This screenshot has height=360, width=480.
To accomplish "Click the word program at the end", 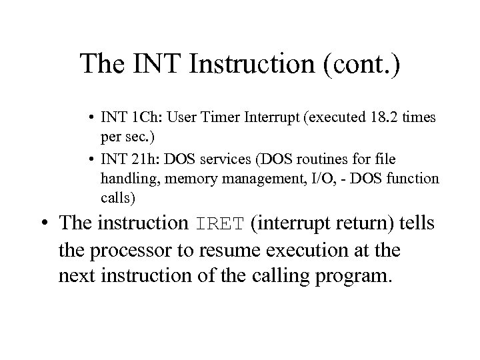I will click(353, 276).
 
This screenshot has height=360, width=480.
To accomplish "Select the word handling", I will click(125, 179).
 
